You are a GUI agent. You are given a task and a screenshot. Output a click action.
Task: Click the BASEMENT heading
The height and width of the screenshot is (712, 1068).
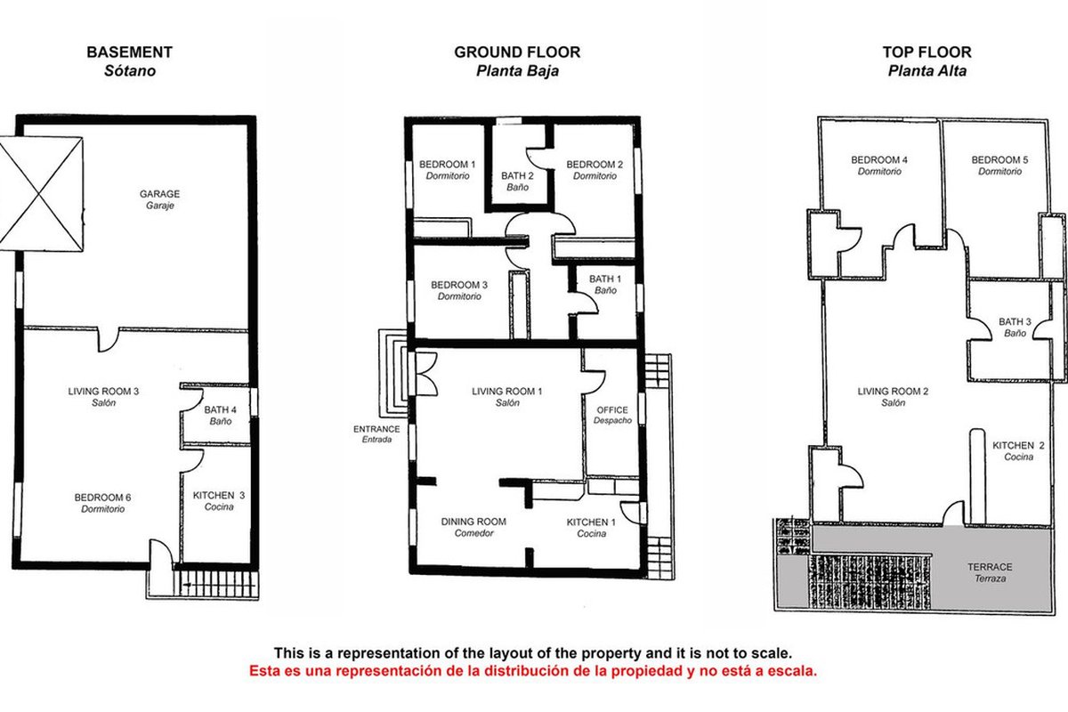(x=130, y=52)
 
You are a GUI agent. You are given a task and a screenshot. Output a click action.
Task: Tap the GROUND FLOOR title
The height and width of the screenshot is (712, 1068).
(x=517, y=52)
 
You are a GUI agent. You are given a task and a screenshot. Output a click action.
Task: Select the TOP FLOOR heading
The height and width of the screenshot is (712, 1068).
(x=926, y=52)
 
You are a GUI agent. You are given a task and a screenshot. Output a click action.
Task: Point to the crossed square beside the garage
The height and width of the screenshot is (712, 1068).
(x=41, y=194)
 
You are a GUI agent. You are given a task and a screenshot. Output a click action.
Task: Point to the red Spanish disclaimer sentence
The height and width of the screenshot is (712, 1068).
(x=533, y=671)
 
